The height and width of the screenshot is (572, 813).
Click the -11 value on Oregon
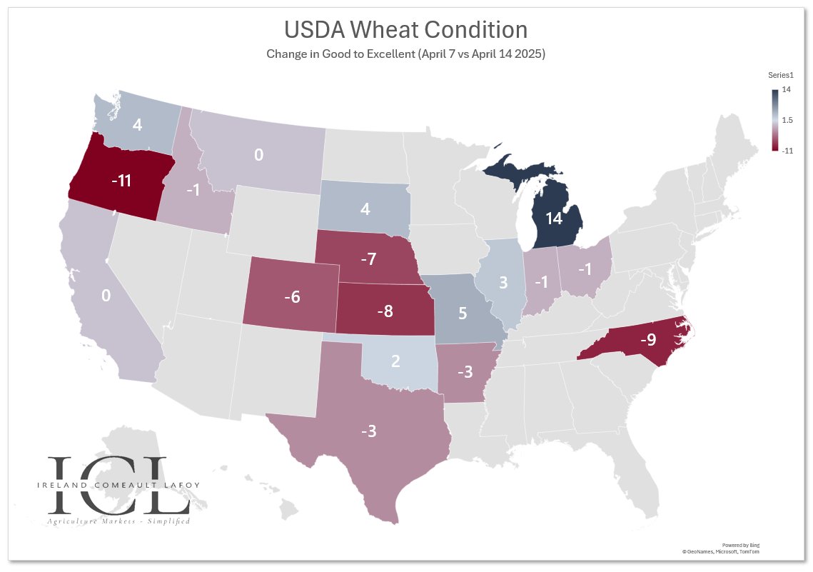121,181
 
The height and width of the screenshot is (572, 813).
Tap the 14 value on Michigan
554,219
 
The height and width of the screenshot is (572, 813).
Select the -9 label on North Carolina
647,339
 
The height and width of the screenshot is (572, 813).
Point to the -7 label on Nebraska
368,259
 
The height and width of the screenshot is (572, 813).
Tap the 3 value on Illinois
503,281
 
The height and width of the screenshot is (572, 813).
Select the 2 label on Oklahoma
395,361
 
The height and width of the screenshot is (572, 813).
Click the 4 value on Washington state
138,124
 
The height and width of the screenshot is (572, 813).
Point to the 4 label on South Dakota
365,210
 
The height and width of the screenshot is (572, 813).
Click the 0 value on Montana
259,154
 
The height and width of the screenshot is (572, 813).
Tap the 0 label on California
106,295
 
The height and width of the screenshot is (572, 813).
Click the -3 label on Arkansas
465,371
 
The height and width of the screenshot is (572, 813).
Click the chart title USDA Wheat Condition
405,30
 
